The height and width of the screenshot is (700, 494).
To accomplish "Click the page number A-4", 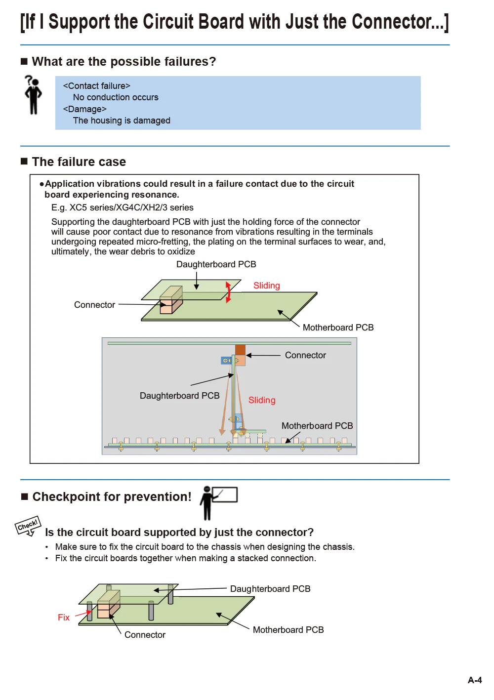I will click(x=474, y=680).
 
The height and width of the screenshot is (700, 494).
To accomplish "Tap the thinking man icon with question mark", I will click(x=33, y=94).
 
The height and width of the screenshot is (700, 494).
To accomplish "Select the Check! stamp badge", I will click(x=28, y=526).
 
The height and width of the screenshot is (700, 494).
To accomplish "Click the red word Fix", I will click(x=64, y=618).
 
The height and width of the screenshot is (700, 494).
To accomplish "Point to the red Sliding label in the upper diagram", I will click(x=266, y=286).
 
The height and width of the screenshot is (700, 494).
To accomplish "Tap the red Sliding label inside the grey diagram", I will click(x=262, y=400).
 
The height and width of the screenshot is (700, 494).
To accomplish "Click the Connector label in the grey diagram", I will click(x=305, y=355).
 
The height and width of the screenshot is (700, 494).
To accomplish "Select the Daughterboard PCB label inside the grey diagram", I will click(x=179, y=396).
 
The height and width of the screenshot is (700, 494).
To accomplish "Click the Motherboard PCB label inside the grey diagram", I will click(x=317, y=426).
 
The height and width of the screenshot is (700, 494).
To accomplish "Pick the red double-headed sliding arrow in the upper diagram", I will click(x=228, y=292).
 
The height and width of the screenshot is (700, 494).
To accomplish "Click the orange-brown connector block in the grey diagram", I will click(x=240, y=355).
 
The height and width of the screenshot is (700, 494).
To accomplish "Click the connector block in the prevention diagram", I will click(x=108, y=604).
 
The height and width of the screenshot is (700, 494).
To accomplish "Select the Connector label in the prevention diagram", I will click(x=145, y=635).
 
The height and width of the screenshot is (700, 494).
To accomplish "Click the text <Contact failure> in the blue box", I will click(x=97, y=86).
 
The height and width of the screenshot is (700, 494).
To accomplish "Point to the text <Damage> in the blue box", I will click(x=85, y=109).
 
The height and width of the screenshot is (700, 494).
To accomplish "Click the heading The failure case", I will click(x=79, y=162).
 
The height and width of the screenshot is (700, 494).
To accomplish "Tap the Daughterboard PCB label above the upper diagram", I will click(x=216, y=264).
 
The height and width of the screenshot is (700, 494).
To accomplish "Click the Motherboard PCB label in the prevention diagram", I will click(x=288, y=630).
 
